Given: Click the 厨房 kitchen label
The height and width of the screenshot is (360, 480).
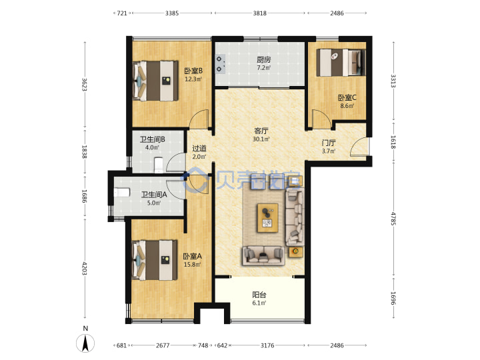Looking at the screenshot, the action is click(x=263, y=59).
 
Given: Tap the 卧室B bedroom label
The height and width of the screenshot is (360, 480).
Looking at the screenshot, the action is click(x=193, y=71).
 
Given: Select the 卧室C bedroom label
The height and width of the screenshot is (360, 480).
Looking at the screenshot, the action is click(x=347, y=97).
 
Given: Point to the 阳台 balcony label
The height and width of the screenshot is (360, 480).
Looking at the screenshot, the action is click(x=259, y=295).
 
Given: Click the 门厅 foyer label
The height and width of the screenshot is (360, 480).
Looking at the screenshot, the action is click(x=329, y=143).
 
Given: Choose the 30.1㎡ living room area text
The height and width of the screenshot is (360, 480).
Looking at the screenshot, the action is click(x=261, y=139).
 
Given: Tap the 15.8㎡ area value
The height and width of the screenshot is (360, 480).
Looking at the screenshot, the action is click(x=192, y=265).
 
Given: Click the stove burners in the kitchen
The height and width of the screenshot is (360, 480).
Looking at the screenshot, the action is click(x=220, y=64).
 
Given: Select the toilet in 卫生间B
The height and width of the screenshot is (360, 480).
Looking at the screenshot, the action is click(x=158, y=165).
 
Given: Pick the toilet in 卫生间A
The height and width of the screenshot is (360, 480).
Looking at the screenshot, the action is click(x=122, y=193).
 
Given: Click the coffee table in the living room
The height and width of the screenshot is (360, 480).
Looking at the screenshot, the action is click(x=267, y=217).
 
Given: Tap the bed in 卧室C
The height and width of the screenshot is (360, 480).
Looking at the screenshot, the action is click(x=341, y=63).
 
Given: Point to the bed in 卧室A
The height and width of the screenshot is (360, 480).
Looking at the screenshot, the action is click(x=155, y=260).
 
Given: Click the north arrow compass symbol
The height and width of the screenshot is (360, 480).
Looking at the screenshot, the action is click(x=85, y=343).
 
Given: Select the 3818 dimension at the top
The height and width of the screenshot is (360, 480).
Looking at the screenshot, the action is click(x=259, y=13).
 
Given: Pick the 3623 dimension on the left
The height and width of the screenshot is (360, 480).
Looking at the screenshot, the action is click(x=85, y=85).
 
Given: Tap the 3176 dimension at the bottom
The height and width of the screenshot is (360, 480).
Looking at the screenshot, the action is click(x=267, y=345).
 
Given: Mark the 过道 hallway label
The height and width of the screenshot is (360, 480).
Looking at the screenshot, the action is click(x=199, y=149).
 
